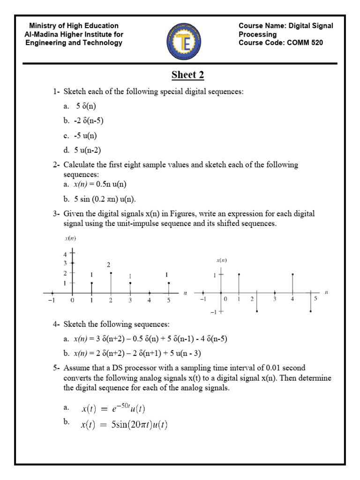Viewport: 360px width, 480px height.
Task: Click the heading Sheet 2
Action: [187, 75]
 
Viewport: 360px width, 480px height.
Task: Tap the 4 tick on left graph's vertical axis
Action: [66, 254]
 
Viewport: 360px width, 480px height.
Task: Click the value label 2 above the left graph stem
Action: [108, 264]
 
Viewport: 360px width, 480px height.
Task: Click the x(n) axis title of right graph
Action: [222, 260]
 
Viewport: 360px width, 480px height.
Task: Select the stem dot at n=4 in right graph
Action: [292, 274]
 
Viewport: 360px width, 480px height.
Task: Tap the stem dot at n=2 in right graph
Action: [257, 311]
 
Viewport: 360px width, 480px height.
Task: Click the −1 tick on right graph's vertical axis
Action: [214, 311]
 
